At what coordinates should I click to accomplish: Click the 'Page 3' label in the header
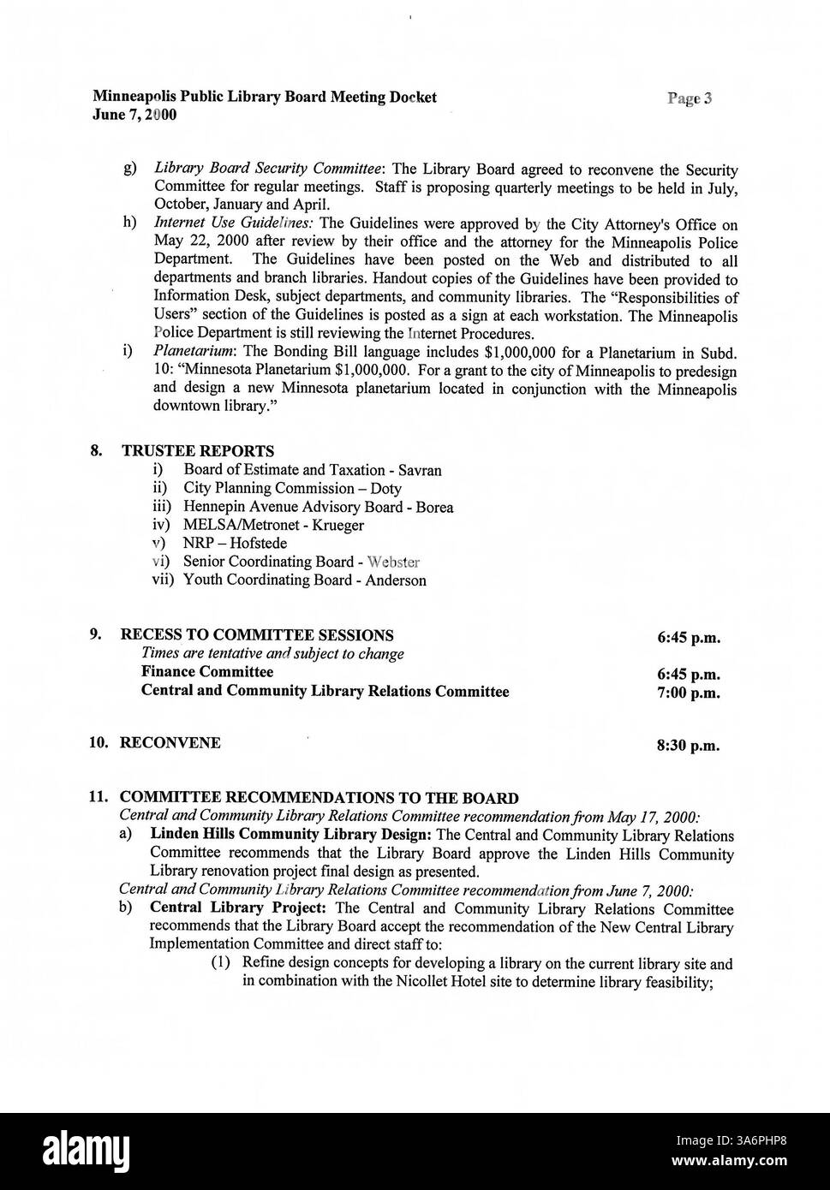point(690,98)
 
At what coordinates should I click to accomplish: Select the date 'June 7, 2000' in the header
point(134,115)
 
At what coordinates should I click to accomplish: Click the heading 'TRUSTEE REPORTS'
point(198,451)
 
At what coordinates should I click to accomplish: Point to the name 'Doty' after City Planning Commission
point(385,489)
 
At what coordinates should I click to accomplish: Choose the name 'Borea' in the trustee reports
point(434,507)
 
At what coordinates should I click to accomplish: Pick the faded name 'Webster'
point(393,562)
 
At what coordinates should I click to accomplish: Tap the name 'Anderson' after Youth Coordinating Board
point(395,580)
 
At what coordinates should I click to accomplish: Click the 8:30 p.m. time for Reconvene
point(688,746)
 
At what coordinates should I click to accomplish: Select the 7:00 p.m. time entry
point(688,693)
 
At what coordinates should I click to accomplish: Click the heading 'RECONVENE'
point(170,743)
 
